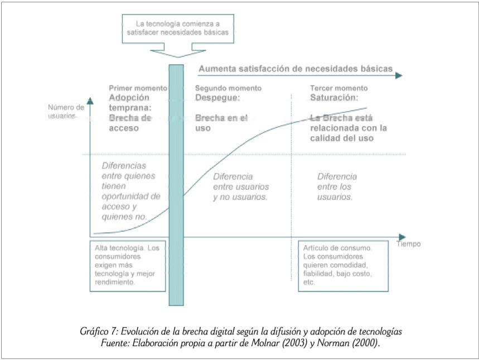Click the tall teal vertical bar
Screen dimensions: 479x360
tap(176, 185)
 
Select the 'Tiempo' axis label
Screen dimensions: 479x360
tap(408, 244)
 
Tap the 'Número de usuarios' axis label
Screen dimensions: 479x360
tap(66, 111)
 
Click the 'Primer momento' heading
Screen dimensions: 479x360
tap(138, 88)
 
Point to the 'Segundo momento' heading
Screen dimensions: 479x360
tap(228, 88)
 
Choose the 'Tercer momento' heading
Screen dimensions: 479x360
tap(339, 88)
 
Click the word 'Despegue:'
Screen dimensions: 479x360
tap(217, 98)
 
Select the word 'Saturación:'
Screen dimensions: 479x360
tap(334, 98)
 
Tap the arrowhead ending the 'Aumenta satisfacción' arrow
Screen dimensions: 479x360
tap(399, 75)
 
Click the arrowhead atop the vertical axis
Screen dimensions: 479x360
tap(90, 101)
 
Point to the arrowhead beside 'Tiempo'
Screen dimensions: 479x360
tap(402, 237)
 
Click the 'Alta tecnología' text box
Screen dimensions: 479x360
tap(128, 266)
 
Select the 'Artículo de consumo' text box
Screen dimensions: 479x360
tap(343, 266)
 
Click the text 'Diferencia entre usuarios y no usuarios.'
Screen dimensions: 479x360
tap(241, 186)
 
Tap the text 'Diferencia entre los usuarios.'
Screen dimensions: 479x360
tap(337, 186)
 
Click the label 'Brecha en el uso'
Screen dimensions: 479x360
tap(221, 123)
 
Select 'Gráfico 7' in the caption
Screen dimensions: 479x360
tap(99, 332)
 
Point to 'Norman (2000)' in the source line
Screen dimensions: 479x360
tap(347, 343)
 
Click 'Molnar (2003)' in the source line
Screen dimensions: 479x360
tap(279, 343)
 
